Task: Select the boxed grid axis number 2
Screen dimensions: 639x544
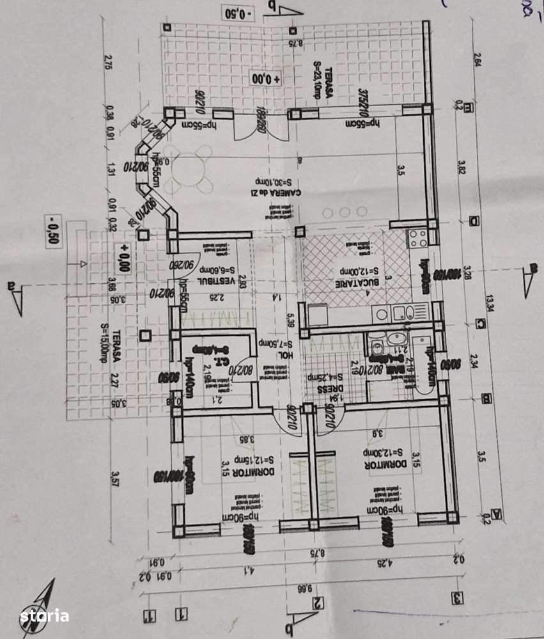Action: click(317, 602)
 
